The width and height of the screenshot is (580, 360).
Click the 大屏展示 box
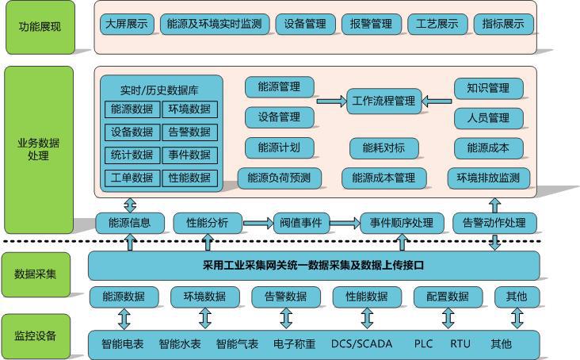127,24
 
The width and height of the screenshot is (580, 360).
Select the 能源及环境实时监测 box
214,24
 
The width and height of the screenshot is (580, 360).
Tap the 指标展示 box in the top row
503,24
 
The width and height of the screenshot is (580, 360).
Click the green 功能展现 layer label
39,27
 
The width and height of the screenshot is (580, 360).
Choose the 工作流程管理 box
383,101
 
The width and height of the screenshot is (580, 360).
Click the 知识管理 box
489,88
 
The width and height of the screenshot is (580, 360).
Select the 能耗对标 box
383,148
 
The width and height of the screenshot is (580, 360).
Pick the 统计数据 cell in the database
132,155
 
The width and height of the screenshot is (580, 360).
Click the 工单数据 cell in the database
132,178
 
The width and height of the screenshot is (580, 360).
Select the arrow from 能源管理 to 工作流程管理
330,101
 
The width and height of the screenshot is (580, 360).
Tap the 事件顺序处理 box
397,223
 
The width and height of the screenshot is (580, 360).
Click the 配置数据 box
448,297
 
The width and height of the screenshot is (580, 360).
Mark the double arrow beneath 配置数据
448,319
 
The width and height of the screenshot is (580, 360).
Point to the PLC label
423,344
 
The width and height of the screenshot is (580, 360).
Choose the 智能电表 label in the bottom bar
122,344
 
